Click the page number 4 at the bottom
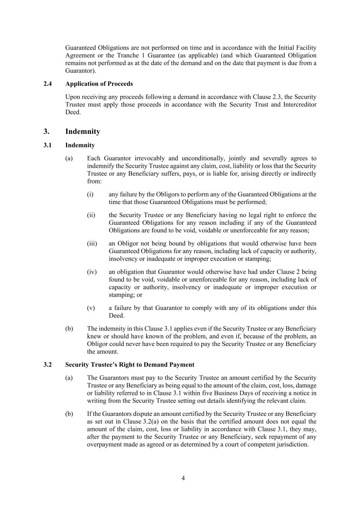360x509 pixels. pos(183,478)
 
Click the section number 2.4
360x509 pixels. pos(47,84)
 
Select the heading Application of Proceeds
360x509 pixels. pos(99,84)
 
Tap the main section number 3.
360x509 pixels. pos(46,132)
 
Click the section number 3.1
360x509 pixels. pos(47,145)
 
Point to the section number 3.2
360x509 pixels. pos(47,365)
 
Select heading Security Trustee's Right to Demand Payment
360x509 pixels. pos(130,365)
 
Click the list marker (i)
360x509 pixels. pos(90,194)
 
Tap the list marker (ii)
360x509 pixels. pos(91,215)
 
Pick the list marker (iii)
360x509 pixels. pos(92,243)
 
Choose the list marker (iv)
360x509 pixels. pos(92,272)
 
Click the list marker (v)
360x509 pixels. pos(91,308)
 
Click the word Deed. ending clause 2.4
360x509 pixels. pos(73,112)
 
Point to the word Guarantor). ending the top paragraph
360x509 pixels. pos(80,71)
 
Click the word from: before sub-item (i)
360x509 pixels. pos(94,181)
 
